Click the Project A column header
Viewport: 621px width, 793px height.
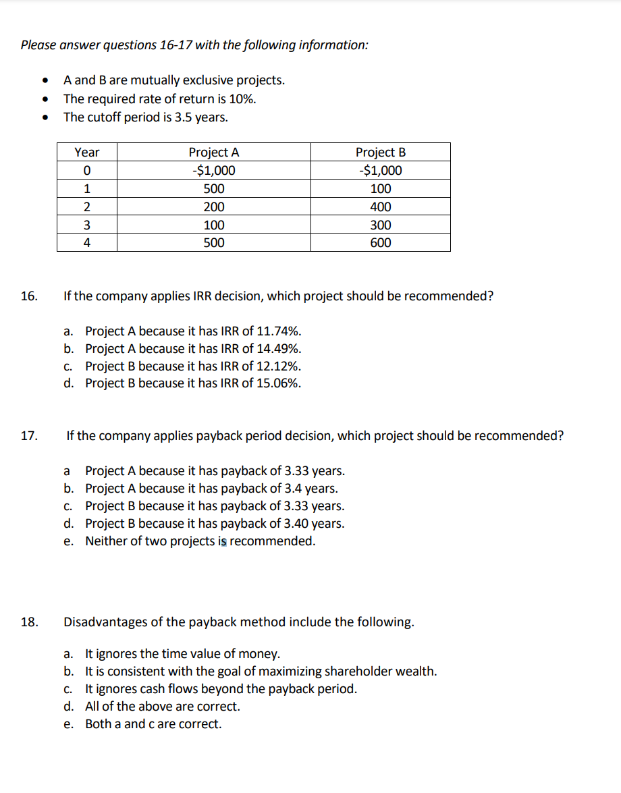[213, 153]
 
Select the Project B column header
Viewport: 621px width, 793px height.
[380, 153]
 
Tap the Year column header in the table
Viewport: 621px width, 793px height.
[86, 153]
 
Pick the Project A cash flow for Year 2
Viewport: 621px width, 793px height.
[213, 207]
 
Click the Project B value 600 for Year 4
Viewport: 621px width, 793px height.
[380, 243]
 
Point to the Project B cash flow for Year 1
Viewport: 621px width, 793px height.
[380, 189]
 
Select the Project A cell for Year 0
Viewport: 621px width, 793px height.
[213, 171]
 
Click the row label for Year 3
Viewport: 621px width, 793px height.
[86, 225]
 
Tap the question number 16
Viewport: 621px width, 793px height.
[28, 296]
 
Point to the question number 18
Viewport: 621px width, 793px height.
[28, 622]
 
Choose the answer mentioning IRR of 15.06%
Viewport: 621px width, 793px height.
[193, 383]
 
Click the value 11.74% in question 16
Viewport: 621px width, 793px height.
[278, 331]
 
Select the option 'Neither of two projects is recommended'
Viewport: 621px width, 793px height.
[200, 541]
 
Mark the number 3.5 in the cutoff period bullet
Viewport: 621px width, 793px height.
[175, 117]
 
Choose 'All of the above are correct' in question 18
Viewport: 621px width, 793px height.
[162, 707]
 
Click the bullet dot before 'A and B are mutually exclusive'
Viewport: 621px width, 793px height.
[45, 81]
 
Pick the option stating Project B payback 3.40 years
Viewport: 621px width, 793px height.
[214, 524]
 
